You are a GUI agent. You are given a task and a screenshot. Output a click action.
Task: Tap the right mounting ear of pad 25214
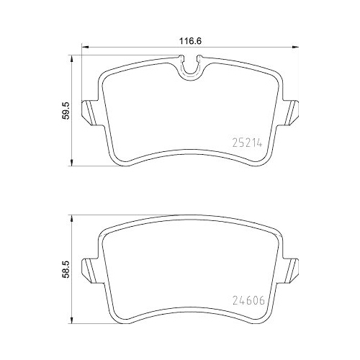290,111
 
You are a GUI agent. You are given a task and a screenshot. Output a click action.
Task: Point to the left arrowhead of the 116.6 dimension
81,50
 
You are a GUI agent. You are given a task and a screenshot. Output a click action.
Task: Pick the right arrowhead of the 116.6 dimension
295,50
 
